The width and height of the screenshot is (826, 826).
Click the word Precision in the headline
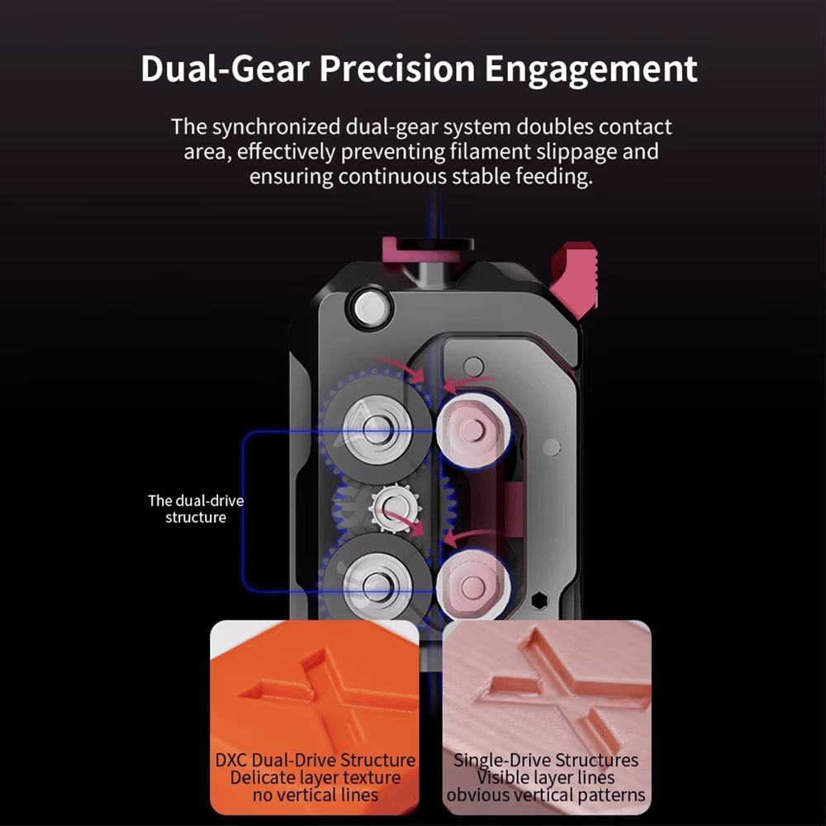click(398, 69)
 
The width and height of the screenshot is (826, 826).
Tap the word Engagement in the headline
click(591, 70)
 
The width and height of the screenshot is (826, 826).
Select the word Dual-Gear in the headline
click(225, 69)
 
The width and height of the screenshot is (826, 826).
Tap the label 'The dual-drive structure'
click(196, 509)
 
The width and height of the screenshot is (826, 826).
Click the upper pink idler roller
click(472, 430)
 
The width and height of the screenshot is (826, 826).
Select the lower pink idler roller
click(472, 586)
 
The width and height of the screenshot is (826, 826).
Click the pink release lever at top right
click(575, 279)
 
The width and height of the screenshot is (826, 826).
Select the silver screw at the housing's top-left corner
click(370, 308)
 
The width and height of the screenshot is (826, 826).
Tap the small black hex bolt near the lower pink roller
click(539, 601)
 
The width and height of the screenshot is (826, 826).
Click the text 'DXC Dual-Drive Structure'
click(315, 760)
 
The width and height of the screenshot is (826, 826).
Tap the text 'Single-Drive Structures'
click(546, 760)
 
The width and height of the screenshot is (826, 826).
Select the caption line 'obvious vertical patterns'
click(546, 795)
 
